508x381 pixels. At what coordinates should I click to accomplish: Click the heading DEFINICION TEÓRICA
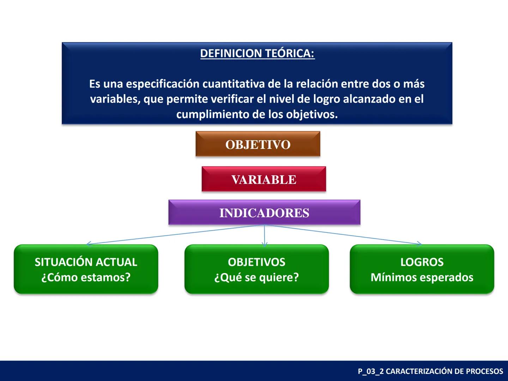258,53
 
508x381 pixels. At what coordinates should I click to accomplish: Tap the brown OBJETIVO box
258,144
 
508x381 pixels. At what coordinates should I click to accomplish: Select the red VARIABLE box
264,179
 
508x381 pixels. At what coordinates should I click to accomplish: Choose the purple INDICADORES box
264,212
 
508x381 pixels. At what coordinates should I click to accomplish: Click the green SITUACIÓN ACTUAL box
86,269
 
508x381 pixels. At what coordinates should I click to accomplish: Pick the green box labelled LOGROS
422,269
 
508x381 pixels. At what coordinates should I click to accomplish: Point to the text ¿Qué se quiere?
256,277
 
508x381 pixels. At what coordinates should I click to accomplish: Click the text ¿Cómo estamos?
86,277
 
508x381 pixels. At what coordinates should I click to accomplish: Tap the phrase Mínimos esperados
422,277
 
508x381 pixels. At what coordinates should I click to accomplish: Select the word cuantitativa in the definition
234,84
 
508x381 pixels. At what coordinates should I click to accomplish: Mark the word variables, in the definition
115,99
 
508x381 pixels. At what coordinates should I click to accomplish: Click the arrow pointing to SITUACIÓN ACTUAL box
175,234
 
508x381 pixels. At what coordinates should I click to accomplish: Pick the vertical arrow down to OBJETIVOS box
265,235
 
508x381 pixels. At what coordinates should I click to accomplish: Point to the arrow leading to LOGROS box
343,234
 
